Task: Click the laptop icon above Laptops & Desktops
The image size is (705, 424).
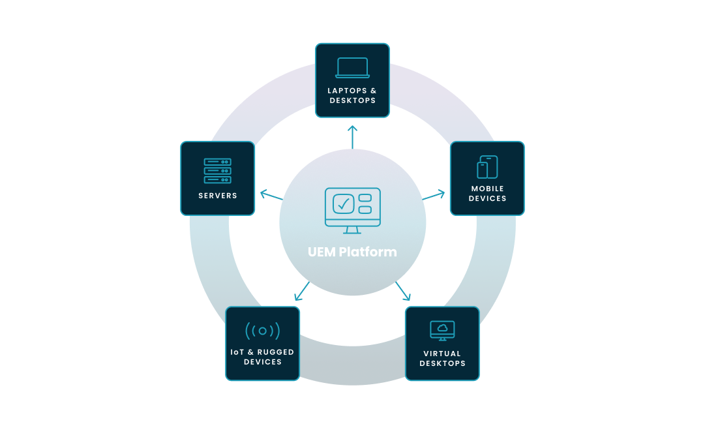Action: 352,68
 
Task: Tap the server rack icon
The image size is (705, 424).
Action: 217,171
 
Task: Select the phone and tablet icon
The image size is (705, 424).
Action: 487,167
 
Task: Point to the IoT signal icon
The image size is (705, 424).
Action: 262,331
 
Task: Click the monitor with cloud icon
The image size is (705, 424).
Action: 442,330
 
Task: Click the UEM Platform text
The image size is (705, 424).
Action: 352,252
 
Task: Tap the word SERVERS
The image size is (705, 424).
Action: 218,196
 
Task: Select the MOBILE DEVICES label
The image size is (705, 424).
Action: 488,194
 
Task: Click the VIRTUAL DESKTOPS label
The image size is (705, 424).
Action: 442,359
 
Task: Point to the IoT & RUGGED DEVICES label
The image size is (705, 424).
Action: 262,357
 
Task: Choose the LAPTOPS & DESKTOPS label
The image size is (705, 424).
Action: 352,96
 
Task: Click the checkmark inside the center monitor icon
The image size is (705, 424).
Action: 342,204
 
